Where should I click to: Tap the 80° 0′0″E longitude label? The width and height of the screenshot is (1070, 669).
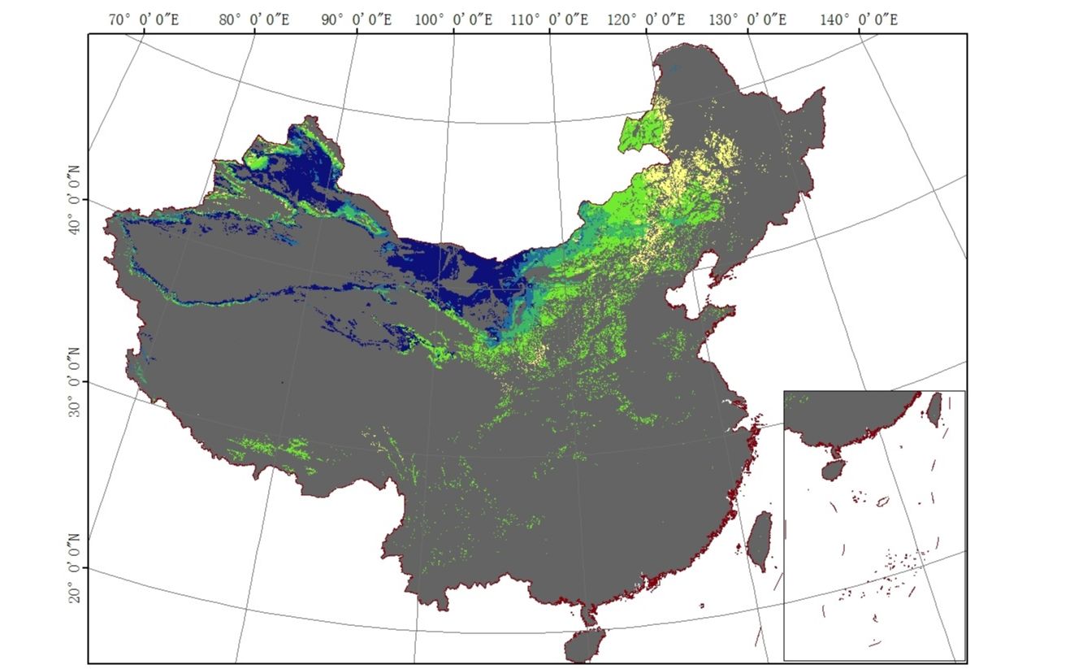coord(254,20)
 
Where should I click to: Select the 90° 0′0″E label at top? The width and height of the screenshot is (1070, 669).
coord(356,20)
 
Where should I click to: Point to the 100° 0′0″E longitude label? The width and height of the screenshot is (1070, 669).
coord(453,20)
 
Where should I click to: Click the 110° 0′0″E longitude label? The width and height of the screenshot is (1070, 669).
coord(549,20)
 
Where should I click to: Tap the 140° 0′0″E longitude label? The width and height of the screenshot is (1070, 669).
coord(858,20)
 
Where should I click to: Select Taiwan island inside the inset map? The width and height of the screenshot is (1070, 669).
coord(934,409)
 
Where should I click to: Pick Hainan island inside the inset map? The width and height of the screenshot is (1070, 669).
coord(831,470)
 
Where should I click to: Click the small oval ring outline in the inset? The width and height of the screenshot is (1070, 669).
coord(882,501)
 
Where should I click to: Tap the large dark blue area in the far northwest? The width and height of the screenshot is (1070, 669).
coord(309,175)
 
